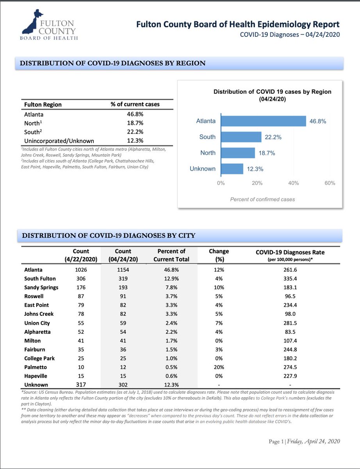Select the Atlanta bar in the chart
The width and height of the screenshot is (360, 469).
(264, 121)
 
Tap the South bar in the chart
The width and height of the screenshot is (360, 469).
(241, 137)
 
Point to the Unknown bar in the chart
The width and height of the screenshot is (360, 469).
(232, 169)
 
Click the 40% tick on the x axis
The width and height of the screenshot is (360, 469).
(294, 183)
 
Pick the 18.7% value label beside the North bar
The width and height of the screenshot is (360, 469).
(267, 153)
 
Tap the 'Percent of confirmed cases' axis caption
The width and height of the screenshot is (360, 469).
(262, 199)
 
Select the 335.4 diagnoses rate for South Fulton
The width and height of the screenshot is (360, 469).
(290, 279)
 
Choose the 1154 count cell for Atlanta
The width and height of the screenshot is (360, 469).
(123, 270)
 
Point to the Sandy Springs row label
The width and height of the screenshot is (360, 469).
(41, 288)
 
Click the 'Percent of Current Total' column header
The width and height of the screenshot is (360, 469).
(171, 255)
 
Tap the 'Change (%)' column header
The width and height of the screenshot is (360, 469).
(219, 255)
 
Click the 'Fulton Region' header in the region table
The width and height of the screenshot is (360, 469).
(43, 104)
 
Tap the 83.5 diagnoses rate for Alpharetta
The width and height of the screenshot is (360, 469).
(290, 332)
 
